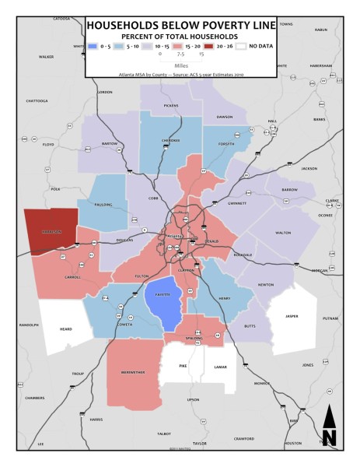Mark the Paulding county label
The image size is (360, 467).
coord(105,205)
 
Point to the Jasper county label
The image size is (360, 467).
coord(290,316)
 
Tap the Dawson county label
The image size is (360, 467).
coord(225,117)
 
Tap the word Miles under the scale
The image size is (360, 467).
coord(179,65)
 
